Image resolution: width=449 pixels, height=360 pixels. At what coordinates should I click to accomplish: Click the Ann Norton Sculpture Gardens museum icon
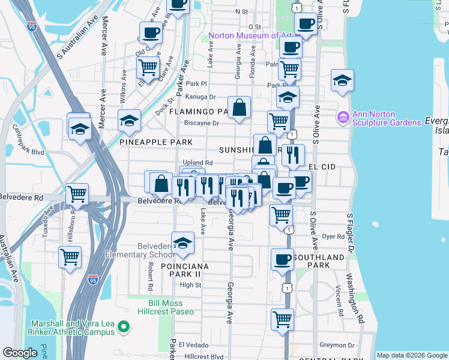344,116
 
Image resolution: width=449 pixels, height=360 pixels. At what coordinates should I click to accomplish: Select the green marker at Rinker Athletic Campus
124,327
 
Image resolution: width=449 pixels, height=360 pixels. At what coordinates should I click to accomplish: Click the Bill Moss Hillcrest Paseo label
172,307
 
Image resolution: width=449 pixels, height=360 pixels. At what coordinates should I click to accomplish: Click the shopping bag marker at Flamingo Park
239,108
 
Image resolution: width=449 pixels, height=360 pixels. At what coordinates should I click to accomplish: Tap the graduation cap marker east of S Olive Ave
342,80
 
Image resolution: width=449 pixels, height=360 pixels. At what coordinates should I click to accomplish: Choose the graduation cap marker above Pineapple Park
129,121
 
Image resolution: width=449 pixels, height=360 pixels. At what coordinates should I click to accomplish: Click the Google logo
20,352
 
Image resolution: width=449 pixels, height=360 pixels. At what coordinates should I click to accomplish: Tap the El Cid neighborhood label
321,166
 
